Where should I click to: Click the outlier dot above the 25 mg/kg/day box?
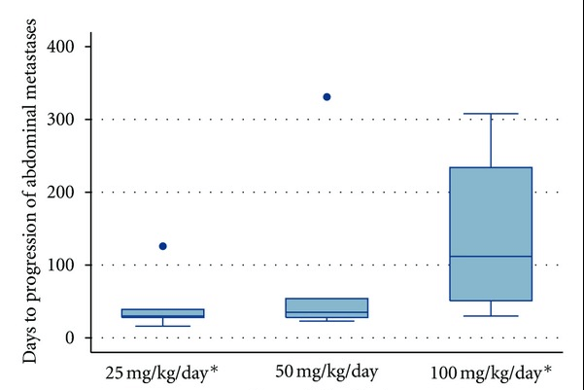[162, 246]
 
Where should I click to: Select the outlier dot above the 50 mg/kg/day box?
[326, 97]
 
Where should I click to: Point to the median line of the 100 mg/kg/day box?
[491, 257]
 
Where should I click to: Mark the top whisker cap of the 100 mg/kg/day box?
[491, 114]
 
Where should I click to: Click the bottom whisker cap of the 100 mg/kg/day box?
[491, 316]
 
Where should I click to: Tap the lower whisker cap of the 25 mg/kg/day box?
[163, 326]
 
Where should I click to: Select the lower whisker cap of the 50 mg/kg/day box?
[326, 320]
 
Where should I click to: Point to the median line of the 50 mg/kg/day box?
[326, 312]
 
